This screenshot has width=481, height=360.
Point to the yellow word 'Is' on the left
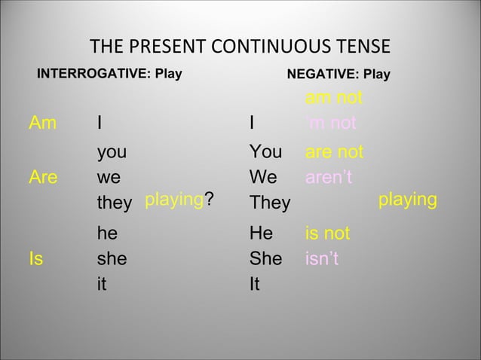[x=35, y=260]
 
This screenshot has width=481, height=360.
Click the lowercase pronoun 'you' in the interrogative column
[x=112, y=153]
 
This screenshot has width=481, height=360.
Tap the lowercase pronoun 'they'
[x=114, y=204]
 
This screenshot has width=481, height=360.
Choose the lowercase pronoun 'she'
[x=112, y=260]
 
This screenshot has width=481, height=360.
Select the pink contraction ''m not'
[x=333, y=124]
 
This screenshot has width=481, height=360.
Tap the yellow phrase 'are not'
[x=334, y=153]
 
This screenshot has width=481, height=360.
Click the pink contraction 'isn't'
[x=322, y=260]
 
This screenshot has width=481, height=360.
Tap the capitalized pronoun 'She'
[x=265, y=260]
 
